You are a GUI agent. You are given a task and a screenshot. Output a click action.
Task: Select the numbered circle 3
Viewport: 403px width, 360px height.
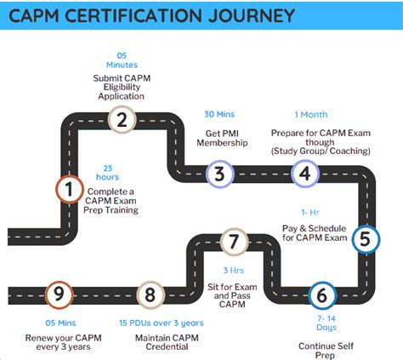point(220,174)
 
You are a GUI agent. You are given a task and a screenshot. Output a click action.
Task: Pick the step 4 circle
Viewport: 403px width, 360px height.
point(304,174)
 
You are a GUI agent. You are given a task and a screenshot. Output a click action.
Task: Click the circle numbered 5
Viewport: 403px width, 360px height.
point(365,239)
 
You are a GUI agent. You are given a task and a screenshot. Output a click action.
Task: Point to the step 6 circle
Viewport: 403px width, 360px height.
point(321,295)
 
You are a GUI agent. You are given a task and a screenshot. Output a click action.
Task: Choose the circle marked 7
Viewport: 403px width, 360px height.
point(233,241)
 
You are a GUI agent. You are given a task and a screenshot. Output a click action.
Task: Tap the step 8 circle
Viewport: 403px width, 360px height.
point(150,295)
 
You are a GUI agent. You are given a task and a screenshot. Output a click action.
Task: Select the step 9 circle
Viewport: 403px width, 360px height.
point(59,295)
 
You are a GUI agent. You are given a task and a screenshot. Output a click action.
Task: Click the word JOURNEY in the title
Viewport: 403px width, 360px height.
point(246,15)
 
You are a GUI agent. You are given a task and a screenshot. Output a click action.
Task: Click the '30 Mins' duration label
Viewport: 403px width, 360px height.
point(220,115)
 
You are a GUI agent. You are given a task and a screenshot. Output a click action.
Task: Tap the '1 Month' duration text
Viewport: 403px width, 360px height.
point(312,115)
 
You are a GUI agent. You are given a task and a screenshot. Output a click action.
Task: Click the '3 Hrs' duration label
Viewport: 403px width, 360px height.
point(232,270)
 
